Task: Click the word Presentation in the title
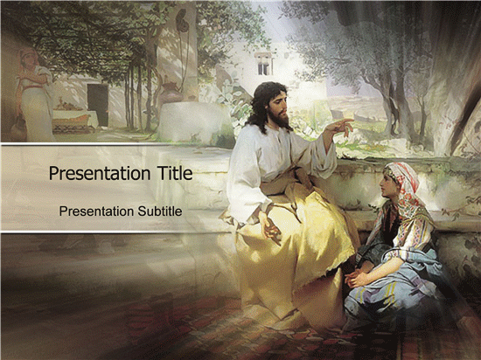click(x=100, y=173)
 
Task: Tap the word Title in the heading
click(x=175, y=173)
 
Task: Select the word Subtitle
click(x=159, y=211)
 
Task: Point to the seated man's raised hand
click(x=340, y=128)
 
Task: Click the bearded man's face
click(x=278, y=107)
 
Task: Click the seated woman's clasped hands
click(x=355, y=277)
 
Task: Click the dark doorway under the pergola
click(x=98, y=105)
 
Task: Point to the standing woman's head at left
click(x=28, y=58)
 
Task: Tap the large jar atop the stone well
click(x=171, y=93)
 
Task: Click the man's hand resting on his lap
click(x=270, y=228)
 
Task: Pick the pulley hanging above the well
click(x=182, y=20)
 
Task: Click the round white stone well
click(x=194, y=121)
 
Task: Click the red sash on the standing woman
click(x=32, y=87)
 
